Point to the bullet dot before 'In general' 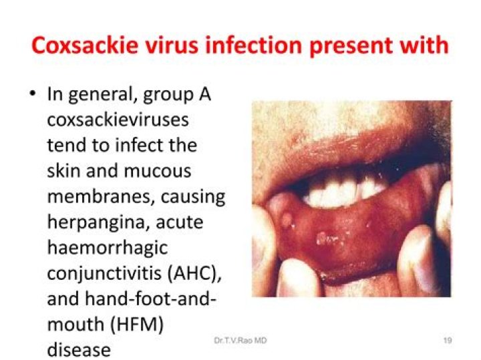click(x=32, y=95)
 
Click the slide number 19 click(x=448, y=341)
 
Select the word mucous click(x=158, y=171)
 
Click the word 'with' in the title click(x=425, y=46)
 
